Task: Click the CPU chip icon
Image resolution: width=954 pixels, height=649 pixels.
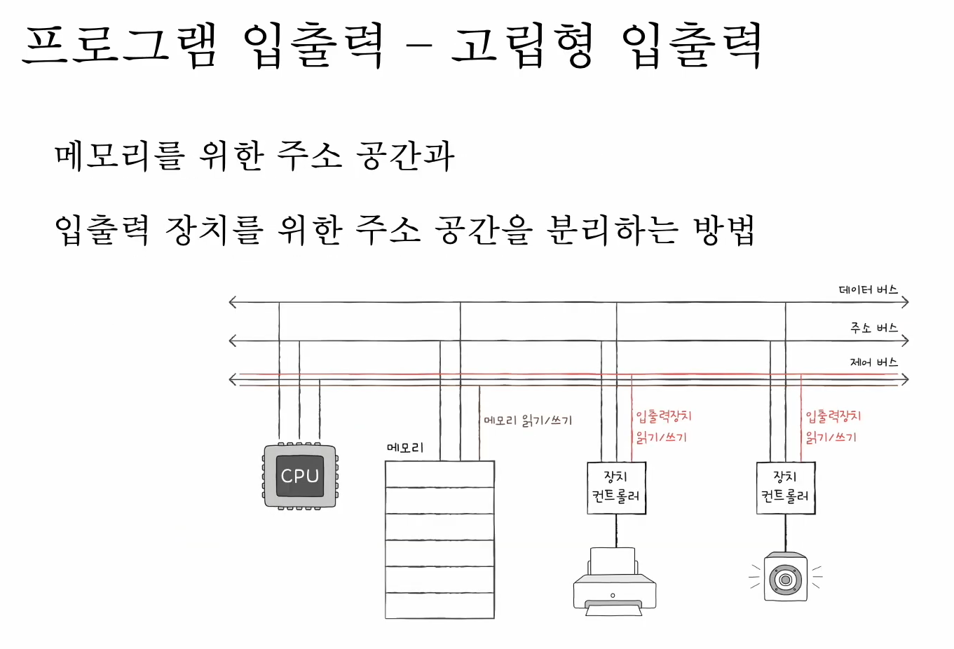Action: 300,476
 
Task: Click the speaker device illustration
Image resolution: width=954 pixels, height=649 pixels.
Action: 786,577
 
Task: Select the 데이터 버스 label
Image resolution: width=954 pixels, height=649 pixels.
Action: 868,290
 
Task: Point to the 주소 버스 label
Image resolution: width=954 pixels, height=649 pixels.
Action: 873,328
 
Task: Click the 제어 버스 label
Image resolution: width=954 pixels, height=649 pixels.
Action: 873,362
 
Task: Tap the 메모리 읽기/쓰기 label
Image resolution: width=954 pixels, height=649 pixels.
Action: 528,421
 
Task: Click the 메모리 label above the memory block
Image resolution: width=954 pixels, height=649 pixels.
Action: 405,448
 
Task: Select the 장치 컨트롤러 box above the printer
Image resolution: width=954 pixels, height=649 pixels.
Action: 616,487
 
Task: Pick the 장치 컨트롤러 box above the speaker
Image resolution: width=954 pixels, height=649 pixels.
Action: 786,487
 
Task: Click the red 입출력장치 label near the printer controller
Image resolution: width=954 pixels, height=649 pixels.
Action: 663,416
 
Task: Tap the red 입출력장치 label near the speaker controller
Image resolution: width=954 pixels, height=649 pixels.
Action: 833,416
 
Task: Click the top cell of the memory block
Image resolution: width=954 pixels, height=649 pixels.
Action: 439,474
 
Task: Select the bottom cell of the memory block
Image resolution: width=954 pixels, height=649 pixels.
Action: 439,606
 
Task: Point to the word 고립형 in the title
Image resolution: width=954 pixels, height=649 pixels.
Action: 523,45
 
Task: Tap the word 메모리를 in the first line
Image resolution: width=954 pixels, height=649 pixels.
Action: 119,156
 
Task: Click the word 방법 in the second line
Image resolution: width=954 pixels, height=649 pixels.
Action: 723,229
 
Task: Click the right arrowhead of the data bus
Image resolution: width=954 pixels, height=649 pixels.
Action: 906,303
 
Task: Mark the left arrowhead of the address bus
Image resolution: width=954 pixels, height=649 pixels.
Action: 233,341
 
